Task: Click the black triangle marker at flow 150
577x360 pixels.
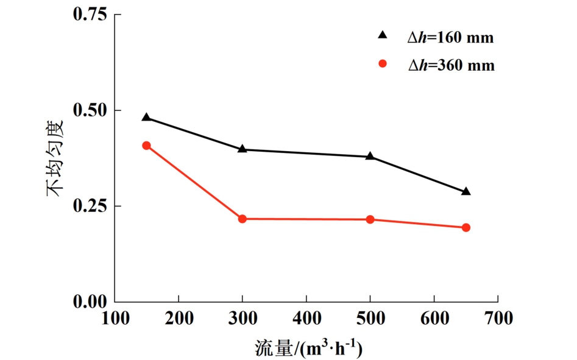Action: pyautogui.click(x=146, y=118)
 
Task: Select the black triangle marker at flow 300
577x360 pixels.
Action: pyautogui.click(x=242, y=149)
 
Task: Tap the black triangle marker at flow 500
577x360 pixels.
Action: pyautogui.click(x=370, y=157)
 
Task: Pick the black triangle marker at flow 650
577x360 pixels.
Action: pyautogui.click(x=466, y=192)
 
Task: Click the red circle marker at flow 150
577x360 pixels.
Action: pyautogui.click(x=146, y=146)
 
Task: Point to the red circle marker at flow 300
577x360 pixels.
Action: pyautogui.click(x=242, y=219)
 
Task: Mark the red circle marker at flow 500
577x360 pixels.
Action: pyautogui.click(x=370, y=219)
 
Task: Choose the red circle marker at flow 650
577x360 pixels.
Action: pyautogui.click(x=466, y=228)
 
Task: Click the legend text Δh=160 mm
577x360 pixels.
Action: pyautogui.click(x=450, y=38)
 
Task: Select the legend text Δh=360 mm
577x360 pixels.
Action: pyautogui.click(x=451, y=66)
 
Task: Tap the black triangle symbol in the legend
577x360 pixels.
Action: pyautogui.click(x=383, y=36)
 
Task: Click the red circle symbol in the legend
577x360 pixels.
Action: pyautogui.click(x=383, y=63)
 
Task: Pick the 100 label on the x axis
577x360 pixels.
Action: pyautogui.click(x=115, y=318)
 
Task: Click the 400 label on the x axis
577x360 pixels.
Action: pyautogui.click(x=306, y=318)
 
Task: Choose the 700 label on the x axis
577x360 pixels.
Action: pyautogui.click(x=498, y=318)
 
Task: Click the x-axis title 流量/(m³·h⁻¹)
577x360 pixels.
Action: pyautogui.click(x=308, y=348)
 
